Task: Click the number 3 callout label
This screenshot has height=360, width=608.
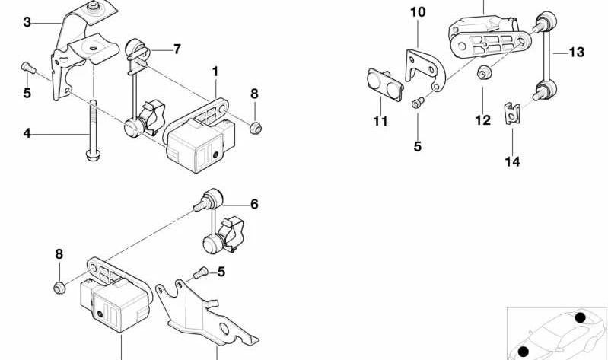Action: tap(27, 22)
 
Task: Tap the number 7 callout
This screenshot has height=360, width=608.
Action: tap(177, 49)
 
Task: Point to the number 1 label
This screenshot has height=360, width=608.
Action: tap(215, 72)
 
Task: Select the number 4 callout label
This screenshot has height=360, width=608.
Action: tap(27, 133)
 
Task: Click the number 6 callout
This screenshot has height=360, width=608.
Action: tap(254, 204)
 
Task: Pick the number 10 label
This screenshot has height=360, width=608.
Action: tap(418, 12)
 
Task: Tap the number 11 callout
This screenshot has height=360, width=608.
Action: tap(380, 122)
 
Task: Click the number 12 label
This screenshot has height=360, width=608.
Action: tap(482, 121)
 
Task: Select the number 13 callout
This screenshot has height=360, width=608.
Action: tap(577, 52)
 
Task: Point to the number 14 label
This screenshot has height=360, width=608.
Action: tap(512, 161)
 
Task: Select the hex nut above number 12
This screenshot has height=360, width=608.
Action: tap(483, 72)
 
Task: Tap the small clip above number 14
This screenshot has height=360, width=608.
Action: tap(512, 113)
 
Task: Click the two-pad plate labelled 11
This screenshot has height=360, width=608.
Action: tap(385, 84)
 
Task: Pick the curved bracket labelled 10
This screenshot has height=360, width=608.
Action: tap(425, 70)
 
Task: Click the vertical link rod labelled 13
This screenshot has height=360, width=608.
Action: tap(545, 56)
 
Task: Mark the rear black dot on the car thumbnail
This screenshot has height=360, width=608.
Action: tap(580, 317)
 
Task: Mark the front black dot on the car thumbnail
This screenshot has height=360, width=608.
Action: tap(524, 352)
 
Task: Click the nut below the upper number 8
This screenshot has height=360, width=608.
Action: tap(255, 128)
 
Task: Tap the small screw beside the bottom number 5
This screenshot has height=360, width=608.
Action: tap(200, 273)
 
